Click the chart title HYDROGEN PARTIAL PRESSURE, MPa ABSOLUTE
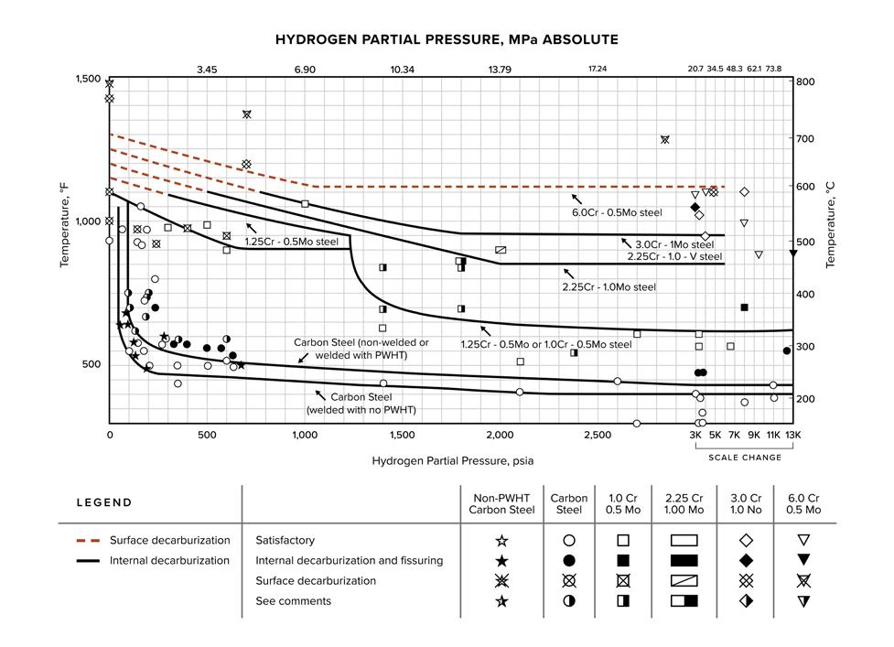coord(447,39)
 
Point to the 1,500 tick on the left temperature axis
coord(88,80)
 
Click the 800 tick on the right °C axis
coord(805,81)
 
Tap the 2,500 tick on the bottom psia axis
coord(597,435)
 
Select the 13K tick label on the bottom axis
coord(792,435)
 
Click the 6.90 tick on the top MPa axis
coord(305,70)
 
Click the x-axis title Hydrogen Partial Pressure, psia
coord(447,460)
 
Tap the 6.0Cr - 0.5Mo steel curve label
coord(617,212)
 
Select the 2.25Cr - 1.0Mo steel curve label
coord(609,287)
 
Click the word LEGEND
coord(103,502)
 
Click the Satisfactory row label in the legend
coord(285,541)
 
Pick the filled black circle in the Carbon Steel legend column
coord(569,561)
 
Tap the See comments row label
coord(293,601)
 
